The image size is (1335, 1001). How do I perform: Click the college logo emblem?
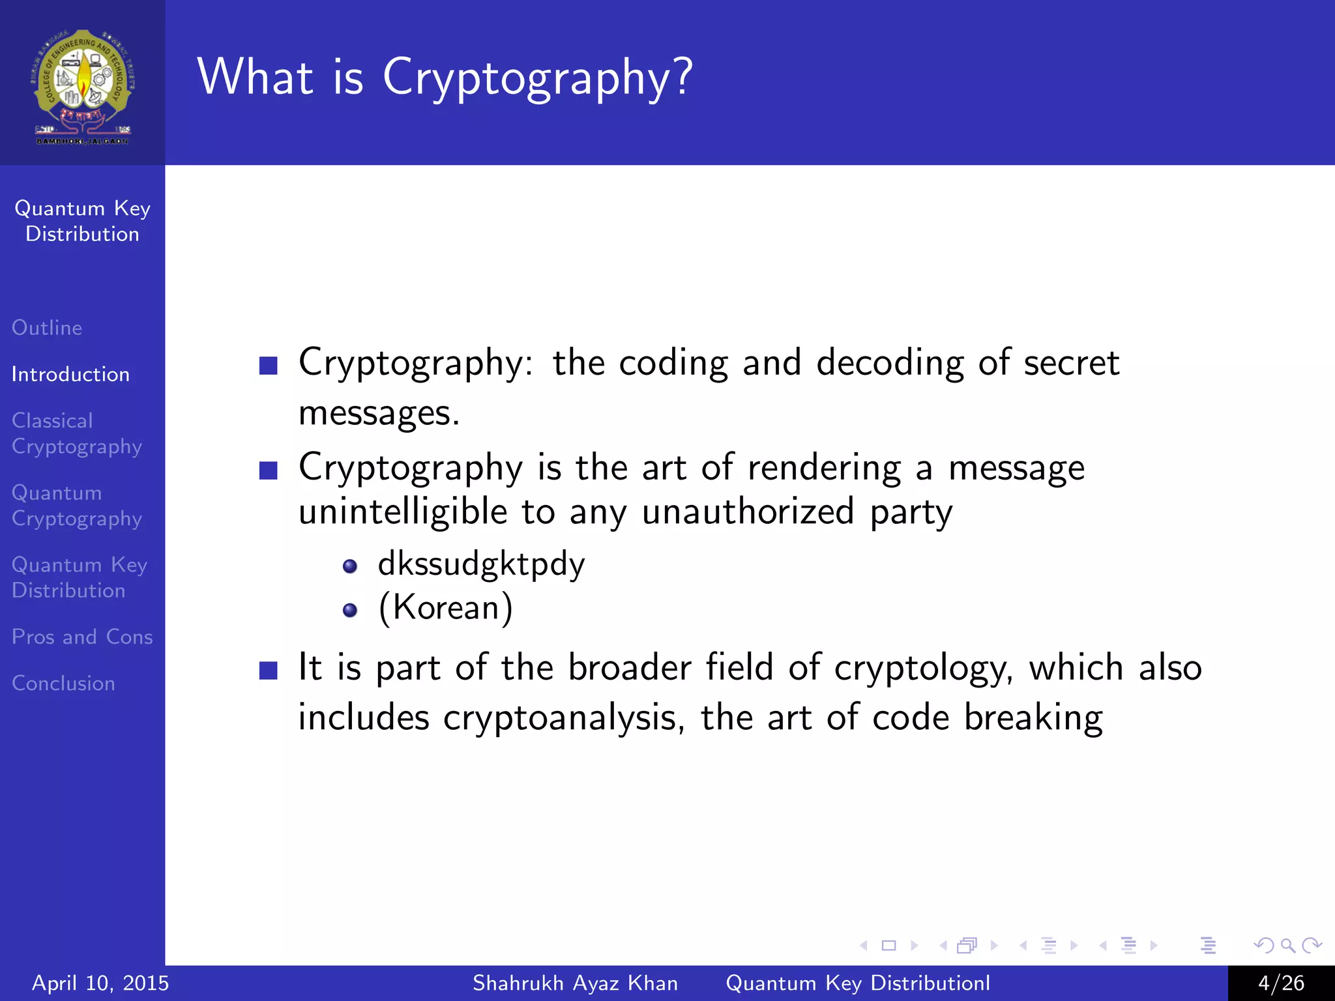83,85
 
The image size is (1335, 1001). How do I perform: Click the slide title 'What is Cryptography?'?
445,77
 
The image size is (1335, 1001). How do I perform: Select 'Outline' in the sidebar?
47,328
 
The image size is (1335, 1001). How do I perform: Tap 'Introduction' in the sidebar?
70,375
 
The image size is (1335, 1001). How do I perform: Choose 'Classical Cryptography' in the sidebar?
76,433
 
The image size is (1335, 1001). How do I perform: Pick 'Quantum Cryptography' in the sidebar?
76,506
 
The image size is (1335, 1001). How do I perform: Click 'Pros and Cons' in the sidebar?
82,637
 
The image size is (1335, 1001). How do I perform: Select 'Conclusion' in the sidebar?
63,683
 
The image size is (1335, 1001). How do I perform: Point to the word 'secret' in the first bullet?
1071,363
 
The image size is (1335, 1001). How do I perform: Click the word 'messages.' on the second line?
379,413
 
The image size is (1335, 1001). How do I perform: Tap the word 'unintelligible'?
403,512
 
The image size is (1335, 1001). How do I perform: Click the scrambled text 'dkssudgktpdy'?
481,564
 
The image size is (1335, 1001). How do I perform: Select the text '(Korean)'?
446,608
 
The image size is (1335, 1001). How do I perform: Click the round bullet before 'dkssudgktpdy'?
350,566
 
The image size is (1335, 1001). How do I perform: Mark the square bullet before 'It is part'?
269,670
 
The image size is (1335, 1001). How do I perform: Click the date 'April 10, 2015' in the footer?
100,983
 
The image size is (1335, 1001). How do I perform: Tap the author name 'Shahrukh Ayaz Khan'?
575,983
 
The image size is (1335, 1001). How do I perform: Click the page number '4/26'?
1281,983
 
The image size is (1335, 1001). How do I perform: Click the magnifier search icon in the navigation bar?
1287,945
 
